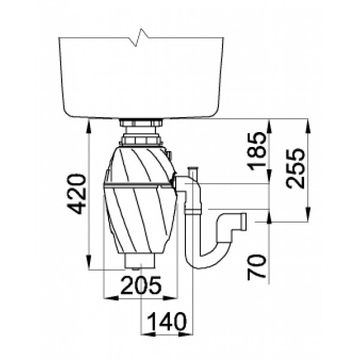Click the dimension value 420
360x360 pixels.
[x=76, y=194]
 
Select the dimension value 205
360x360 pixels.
[x=141, y=286]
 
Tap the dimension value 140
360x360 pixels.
[x=166, y=322]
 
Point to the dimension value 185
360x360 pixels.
[x=257, y=151]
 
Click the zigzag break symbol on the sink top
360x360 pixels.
[x=139, y=37]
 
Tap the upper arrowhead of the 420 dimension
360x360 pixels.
[x=89, y=126]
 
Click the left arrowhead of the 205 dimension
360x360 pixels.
[x=111, y=298]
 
